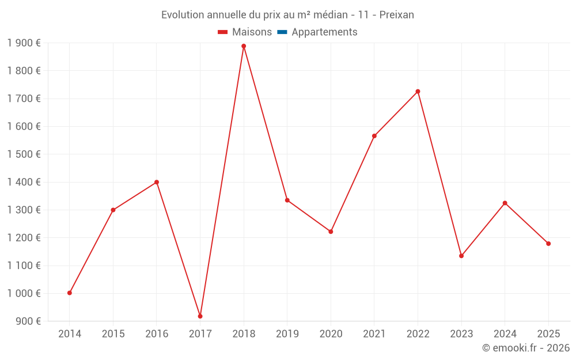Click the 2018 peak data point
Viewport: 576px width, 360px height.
(244, 46)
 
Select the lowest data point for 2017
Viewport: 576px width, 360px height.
(200, 316)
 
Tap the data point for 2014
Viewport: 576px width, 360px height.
(70, 293)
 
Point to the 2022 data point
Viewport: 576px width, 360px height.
(418, 92)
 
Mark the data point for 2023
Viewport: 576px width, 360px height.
(461, 256)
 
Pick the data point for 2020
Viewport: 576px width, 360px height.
(331, 232)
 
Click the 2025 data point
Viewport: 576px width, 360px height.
(548, 244)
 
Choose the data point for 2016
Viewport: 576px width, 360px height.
(157, 182)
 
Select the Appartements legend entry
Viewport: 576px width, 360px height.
(324, 32)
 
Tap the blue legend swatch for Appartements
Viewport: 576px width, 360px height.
(282, 32)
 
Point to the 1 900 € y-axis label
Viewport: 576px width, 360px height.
(24, 43)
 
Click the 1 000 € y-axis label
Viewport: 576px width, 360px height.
(24, 293)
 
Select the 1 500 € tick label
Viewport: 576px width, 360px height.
(24, 154)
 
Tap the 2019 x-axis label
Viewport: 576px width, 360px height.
(287, 334)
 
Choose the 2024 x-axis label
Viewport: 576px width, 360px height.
(505, 334)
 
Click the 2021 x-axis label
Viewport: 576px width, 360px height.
(374, 334)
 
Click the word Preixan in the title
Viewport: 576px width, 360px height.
(397, 15)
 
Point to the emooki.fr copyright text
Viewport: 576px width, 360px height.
(526, 348)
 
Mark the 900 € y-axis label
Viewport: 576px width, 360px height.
(28, 321)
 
